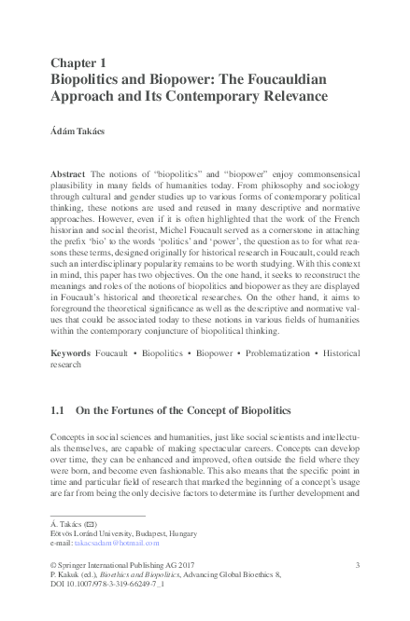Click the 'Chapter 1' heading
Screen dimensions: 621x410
[x=79, y=62]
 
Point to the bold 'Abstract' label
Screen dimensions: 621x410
[x=68, y=175]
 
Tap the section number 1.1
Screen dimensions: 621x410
[x=57, y=409]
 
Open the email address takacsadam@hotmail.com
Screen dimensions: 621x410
[x=118, y=542]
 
